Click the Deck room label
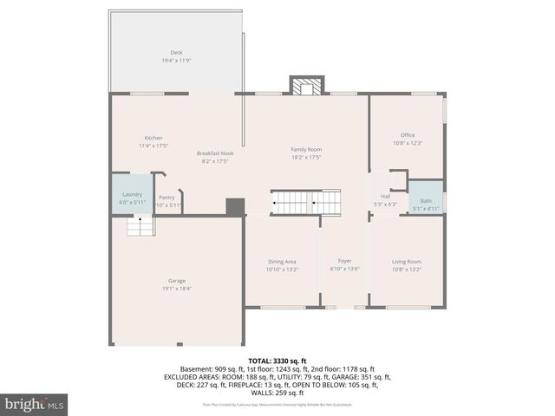click(x=176, y=52)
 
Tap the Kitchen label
click(x=153, y=138)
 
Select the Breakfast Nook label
click(x=214, y=153)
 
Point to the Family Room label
click(x=306, y=149)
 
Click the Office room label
click(x=408, y=135)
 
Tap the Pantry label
click(x=166, y=197)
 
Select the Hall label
click(x=385, y=196)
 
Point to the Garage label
click(x=176, y=281)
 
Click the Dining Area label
click(x=282, y=261)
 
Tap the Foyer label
click(x=344, y=261)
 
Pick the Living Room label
click(x=407, y=261)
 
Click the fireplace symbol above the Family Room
click(x=304, y=87)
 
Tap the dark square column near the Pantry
click(x=234, y=207)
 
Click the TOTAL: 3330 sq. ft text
click(x=277, y=361)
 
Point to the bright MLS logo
click(x=35, y=404)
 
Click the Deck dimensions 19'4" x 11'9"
click(x=176, y=61)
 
